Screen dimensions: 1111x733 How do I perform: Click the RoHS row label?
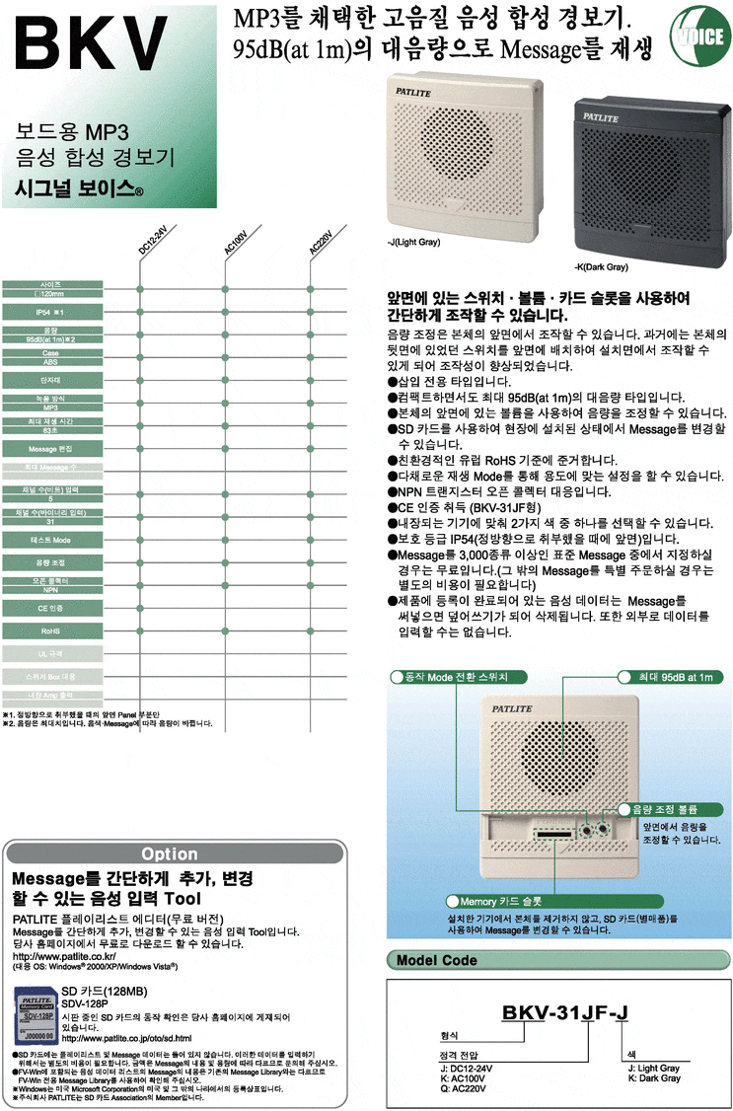pyautogui.click(x=51, y=630)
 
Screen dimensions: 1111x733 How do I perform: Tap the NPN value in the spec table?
pyautogui.click(x=51, y=589)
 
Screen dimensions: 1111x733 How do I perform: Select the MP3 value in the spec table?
pyautogui.click(x=51, y=407)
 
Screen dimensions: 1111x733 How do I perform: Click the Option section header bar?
pyautogui.click(x=169, y=853)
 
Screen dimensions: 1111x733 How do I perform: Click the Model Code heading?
pyautogui.click(x=437, y=960)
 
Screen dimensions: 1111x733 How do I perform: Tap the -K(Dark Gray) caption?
pyautogui.click(x=601, y=267)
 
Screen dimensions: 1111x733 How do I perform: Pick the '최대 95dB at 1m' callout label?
pyautogui.click(x=670, y=678)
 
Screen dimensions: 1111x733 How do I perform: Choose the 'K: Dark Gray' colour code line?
pyautogui.click(x=653, y=1078)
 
